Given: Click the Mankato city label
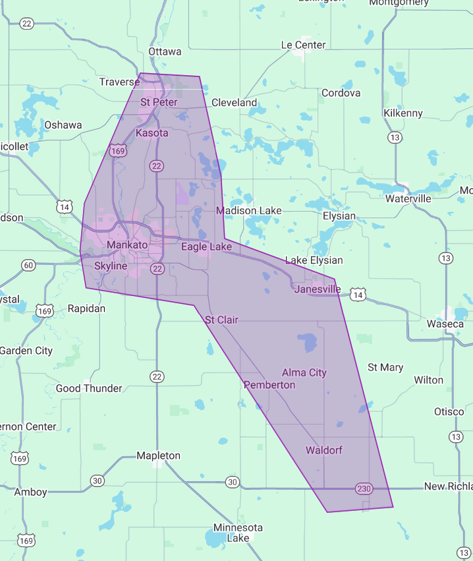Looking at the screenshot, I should click(128, 245).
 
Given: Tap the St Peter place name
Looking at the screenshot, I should click(159, 102).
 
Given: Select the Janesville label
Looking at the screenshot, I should click(318, 289).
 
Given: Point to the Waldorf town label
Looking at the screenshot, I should click(323, 450).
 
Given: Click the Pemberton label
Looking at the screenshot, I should click(269, 384).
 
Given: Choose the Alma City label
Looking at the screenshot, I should click(304, 372).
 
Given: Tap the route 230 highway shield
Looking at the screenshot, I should click(363, 488).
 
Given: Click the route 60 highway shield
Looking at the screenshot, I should click(28, 266).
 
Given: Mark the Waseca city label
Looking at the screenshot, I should click(445, 324).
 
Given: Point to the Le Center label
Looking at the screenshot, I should click(303, 45).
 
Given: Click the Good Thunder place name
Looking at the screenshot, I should click(89, 388).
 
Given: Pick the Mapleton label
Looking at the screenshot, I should click(158, 456).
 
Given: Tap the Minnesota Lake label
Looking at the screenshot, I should click(238, 533).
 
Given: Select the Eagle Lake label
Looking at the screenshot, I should click(206, 247).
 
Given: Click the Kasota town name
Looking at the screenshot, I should click(152, 133).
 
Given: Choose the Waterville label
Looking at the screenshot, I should click(408, 198).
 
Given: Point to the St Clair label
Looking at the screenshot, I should click(221, 320).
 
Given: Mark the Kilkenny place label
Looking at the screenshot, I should click(403, 113).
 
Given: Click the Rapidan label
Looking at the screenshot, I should click(86, 309).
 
